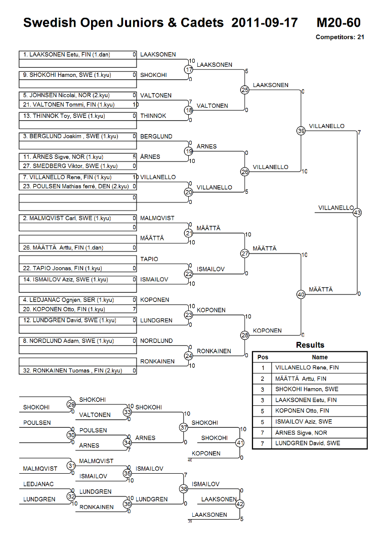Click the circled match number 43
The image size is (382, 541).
point(357,213)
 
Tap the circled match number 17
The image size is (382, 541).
point(188,69)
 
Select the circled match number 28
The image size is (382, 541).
point(245,336)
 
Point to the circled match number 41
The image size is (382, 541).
point(240,443)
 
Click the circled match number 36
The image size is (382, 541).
point(128,504)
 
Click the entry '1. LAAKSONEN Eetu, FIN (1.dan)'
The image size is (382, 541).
point(67,55)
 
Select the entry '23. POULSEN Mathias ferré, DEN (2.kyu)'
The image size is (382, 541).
point(76,186)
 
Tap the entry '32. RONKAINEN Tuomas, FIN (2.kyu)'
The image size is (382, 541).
point(72,370)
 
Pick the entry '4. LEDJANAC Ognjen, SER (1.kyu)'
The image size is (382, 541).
point(68,300)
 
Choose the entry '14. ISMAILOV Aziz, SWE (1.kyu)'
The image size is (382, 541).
point(66,279)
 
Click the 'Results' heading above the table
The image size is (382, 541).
point(310,345)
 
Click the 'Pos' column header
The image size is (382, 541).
point(263,357)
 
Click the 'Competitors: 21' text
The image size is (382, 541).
point(340,37)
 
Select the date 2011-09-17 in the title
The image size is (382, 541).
point(264,23)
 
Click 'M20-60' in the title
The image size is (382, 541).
point(338,23)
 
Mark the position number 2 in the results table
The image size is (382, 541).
point(262,379)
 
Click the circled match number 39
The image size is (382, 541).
point(301,131)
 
